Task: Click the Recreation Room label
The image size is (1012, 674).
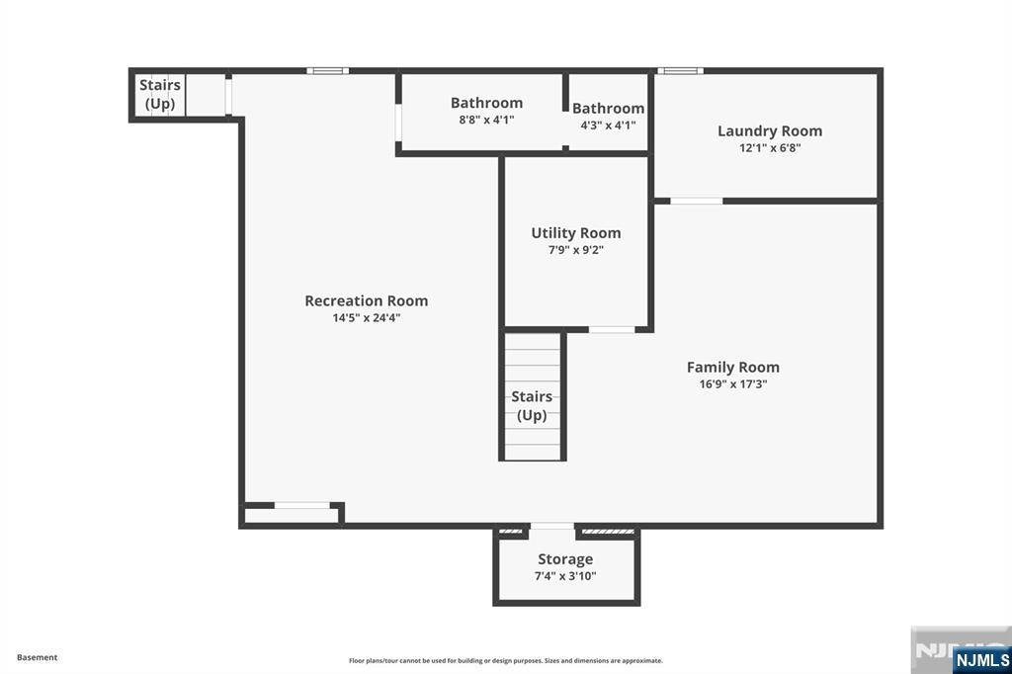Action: (x=366, y=300)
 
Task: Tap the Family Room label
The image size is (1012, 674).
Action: (x=732, y=367)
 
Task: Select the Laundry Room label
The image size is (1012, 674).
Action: (x=769, y=130)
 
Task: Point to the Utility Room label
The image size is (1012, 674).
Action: (x=575, y=233)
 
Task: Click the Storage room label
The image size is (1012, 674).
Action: (x=565, y=559)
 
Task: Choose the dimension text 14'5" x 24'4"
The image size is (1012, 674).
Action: (x=366, y=318)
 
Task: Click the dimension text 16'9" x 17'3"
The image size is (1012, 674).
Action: (x=732, y=384)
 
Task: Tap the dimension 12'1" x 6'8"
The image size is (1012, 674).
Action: (x=769, y=148)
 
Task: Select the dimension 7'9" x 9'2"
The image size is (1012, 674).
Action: (x=575, y=250)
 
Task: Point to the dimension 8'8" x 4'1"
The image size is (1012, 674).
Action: (x=486, y=120)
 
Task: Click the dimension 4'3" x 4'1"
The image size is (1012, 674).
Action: (x=608, y=126)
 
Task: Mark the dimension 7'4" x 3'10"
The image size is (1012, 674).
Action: (x=565, y=576)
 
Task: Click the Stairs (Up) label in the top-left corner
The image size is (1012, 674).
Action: (x=159, y=94)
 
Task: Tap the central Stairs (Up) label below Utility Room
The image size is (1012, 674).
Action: (x=532, y=406)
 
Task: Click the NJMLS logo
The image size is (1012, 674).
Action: (x=981, y=659)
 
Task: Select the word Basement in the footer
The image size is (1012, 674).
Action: (x=37, y=657)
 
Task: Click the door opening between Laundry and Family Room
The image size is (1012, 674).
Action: (x=696, y=201)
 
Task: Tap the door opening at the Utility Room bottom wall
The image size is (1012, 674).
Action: (x=611, y=329)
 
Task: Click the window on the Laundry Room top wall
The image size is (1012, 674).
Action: (x=680, y=71)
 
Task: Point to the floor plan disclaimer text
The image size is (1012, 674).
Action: (x=505, y=660)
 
